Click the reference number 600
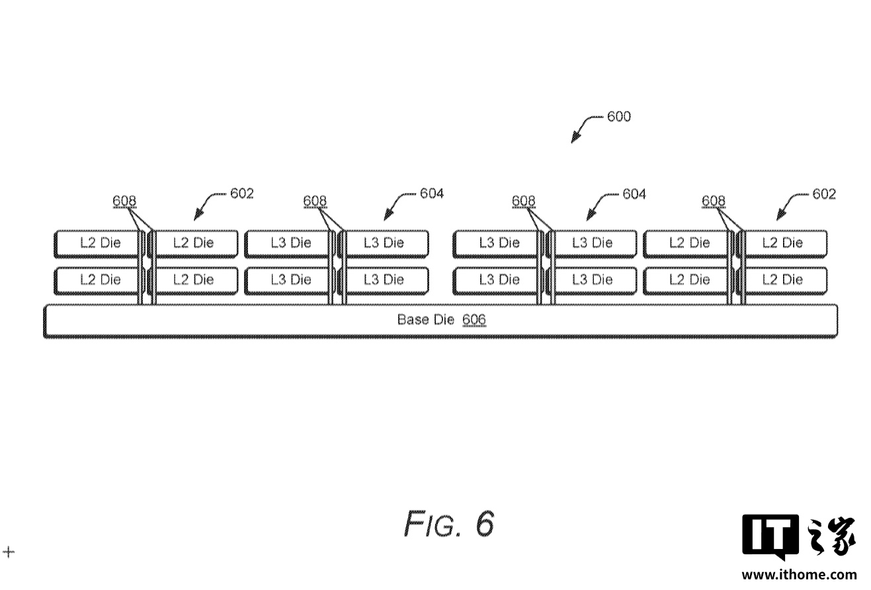619,117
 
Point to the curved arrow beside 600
586,127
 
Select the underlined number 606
474,320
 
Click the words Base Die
426,320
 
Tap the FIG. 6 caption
449,525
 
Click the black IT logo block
770,535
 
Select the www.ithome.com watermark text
798,575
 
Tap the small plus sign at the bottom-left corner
9,552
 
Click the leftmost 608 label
125,201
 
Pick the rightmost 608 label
714,201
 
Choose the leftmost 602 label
242,194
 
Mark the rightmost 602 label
824,194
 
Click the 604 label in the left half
432,194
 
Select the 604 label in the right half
634,194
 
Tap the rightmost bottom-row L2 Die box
785,280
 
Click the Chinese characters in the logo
831,535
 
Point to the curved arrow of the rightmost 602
790,204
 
